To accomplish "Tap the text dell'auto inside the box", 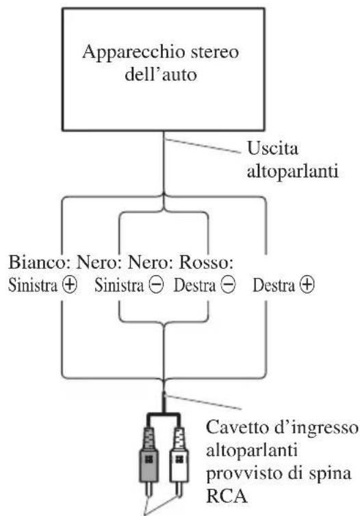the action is coord(161,74).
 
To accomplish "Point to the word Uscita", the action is coord(272,148).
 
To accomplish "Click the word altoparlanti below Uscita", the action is coord(292,172).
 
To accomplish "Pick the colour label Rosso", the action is coord(206,263).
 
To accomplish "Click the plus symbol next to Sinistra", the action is coord(69,285).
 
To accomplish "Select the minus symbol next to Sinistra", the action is coord(156,285).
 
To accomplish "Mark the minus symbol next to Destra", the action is coord(228,285).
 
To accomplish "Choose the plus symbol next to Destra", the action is coord(307,285).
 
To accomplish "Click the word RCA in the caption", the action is coord(227,496).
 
